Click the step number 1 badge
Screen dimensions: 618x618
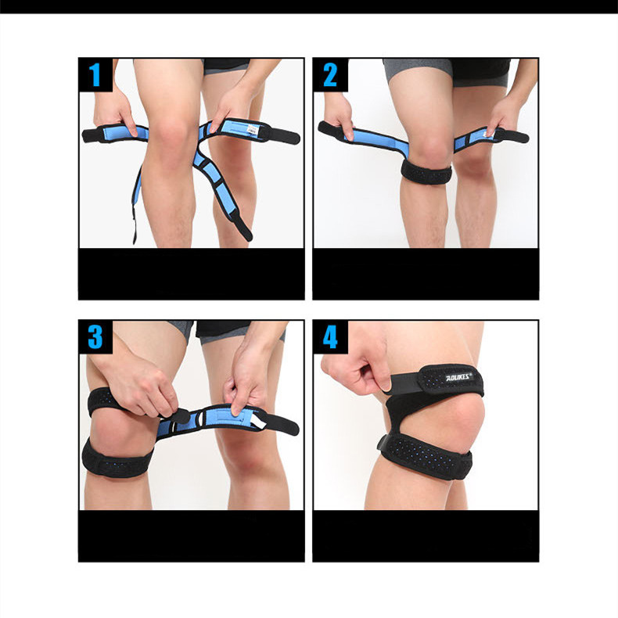95,75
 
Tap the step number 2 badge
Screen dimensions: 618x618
330,75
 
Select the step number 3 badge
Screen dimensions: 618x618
95,336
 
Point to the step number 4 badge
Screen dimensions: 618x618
330,337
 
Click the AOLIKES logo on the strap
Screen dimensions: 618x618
460,377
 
